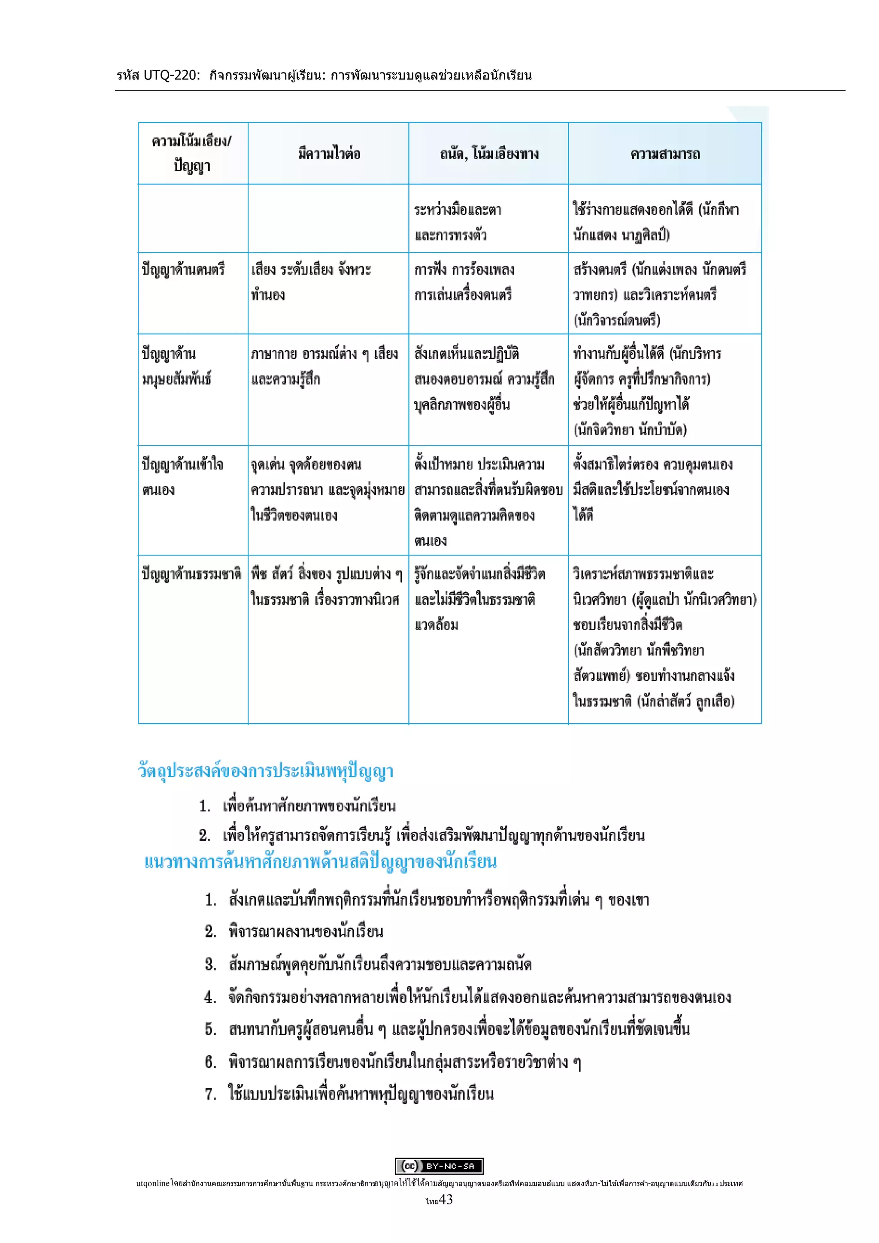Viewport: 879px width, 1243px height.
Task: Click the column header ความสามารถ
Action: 665,154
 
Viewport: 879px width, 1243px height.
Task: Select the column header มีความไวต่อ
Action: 328,154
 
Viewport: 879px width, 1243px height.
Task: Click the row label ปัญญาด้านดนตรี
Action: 183,269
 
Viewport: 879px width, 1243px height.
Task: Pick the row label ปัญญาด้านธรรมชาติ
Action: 191,574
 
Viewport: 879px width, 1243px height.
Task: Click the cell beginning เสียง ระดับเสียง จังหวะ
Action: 311,282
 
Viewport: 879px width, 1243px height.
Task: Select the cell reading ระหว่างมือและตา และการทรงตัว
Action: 458,222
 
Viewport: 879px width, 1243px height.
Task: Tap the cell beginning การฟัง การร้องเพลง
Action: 464,282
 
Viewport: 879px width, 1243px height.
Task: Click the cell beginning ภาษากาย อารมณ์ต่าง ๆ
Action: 324,366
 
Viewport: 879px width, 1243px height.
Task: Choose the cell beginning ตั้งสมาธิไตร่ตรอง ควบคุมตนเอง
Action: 652,489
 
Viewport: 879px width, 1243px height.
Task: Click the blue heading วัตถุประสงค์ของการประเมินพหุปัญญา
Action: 266,771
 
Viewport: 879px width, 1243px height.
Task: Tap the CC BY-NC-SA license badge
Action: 439,1166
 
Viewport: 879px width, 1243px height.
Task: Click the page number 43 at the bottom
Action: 446,1200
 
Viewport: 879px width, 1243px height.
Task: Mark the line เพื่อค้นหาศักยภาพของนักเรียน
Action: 309,806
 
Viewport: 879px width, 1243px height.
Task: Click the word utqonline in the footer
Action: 153,1183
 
